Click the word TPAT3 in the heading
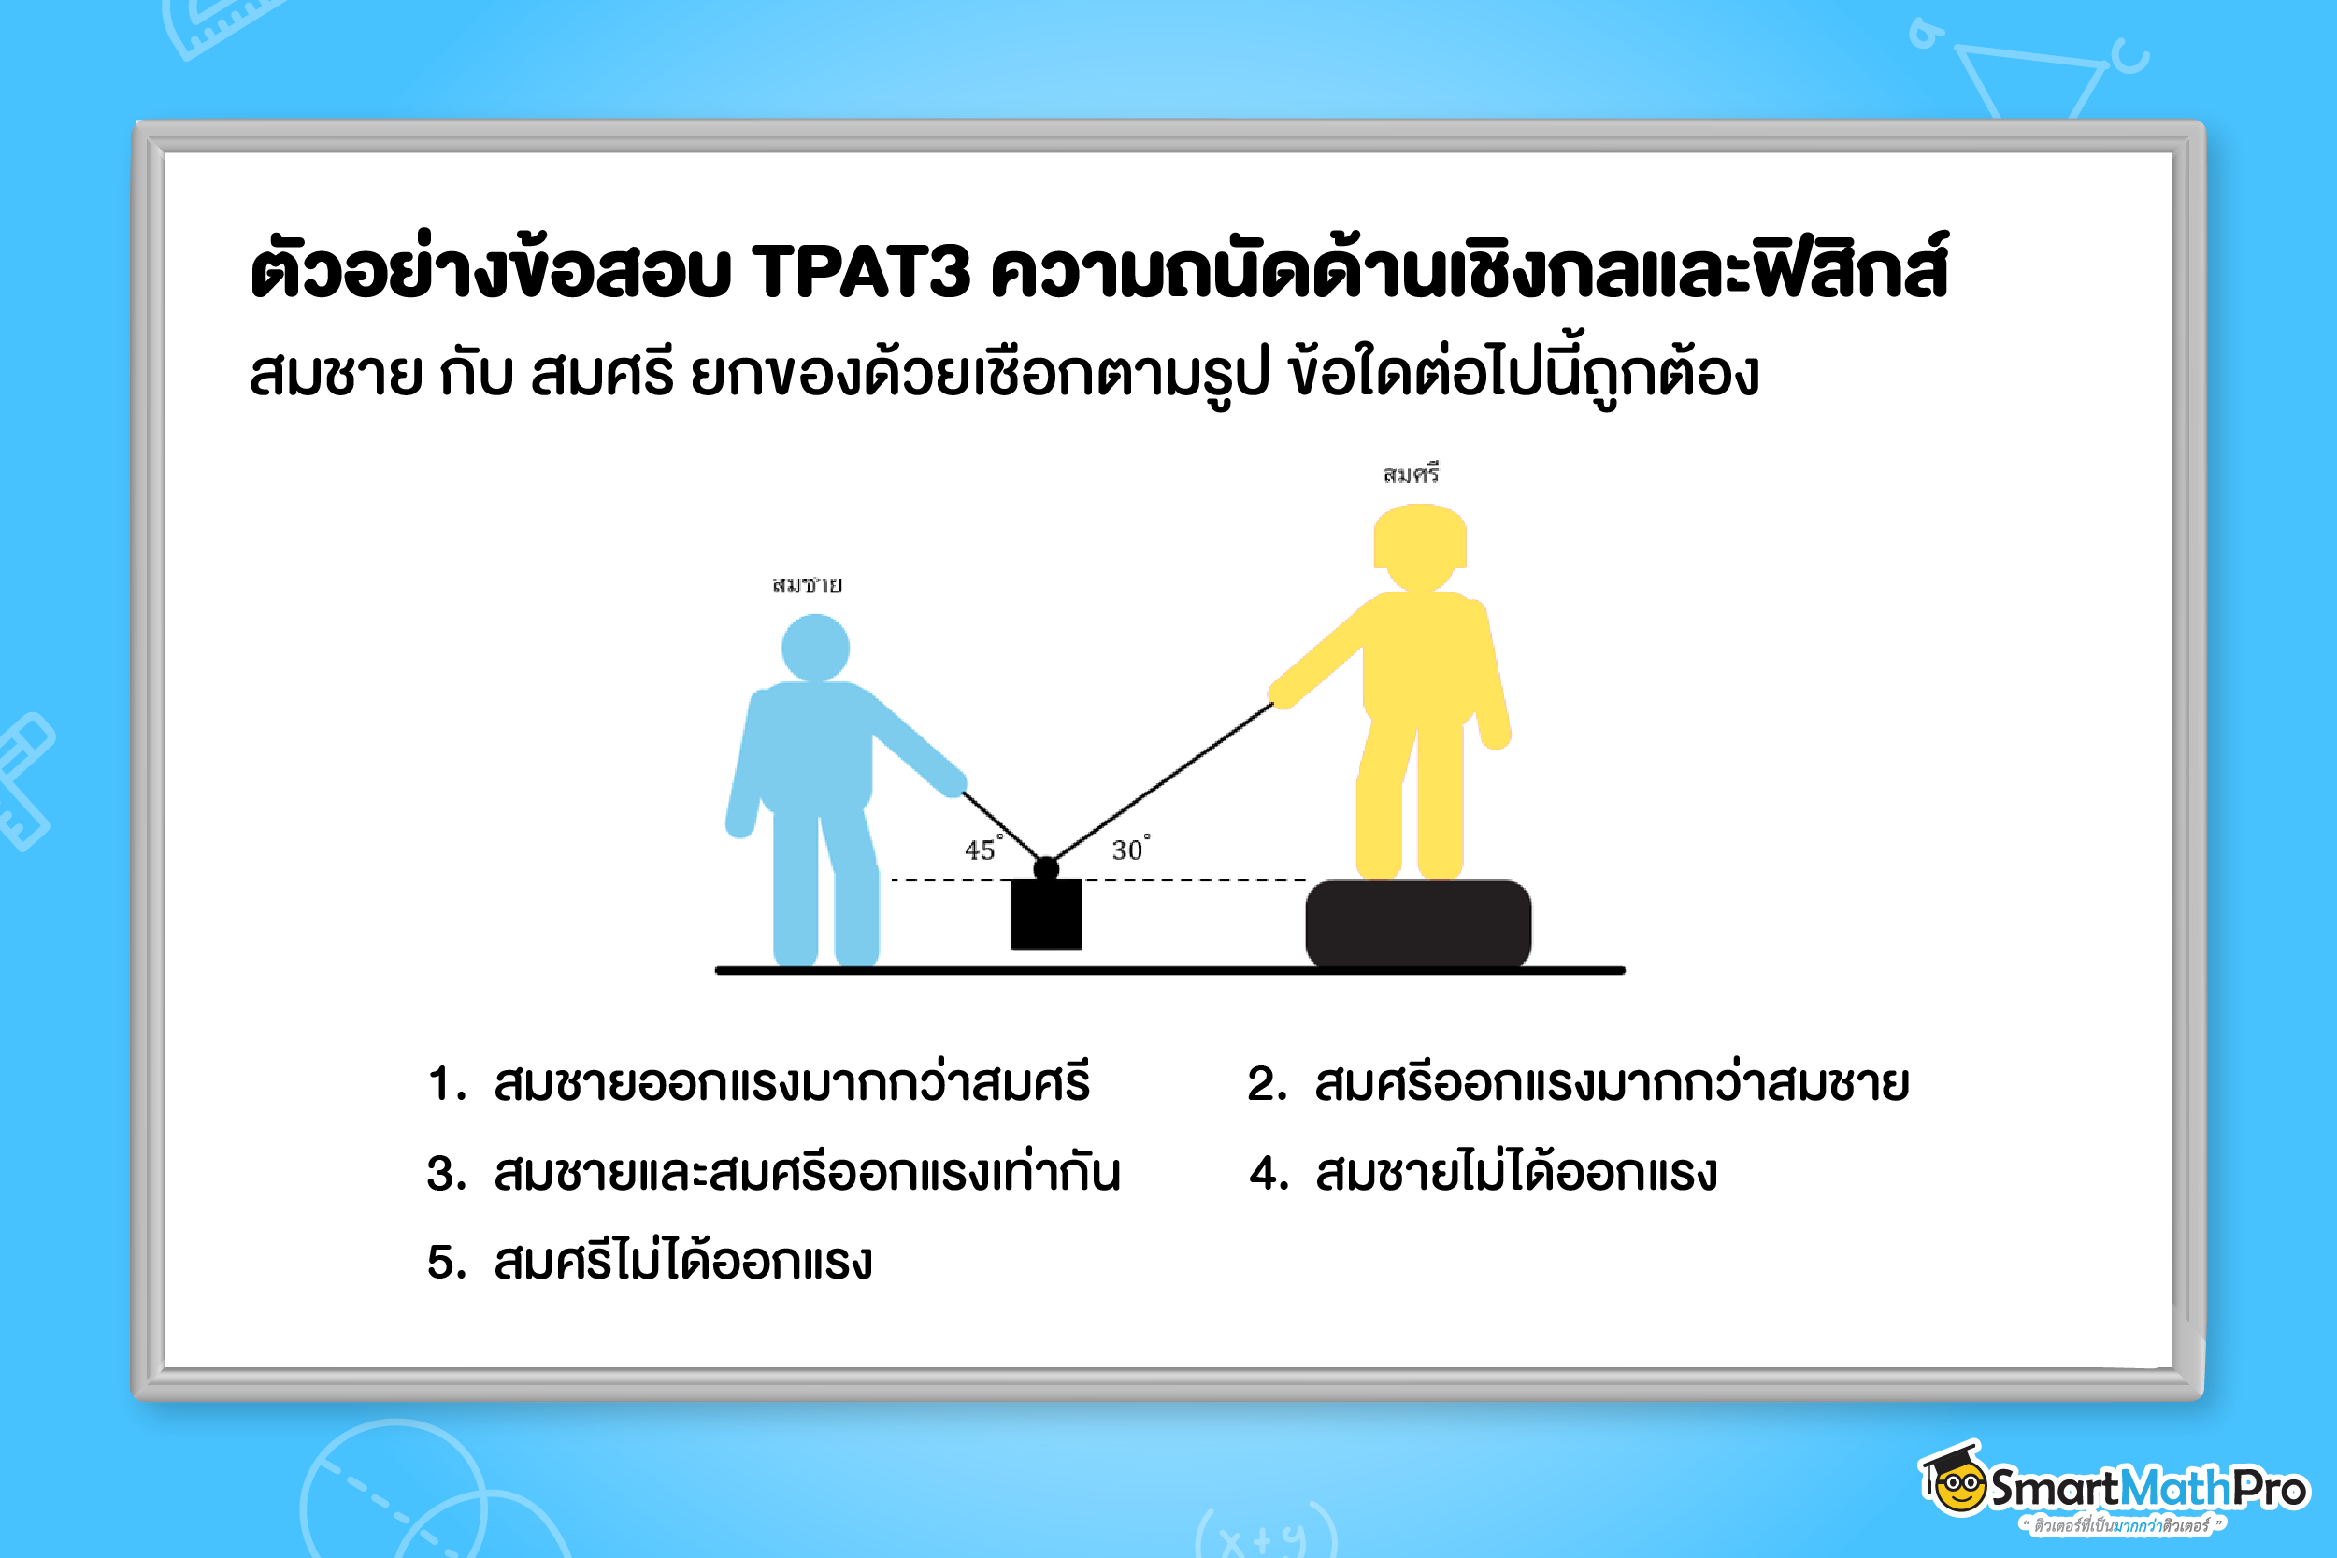click(x=859, y=270)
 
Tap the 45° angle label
click(x=982, y=849)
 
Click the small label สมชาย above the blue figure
click(x=807, y=584)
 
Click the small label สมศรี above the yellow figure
click(x=1411, y=475)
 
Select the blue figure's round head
click(x=815, y=648)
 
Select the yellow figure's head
click(x=1420, y=546)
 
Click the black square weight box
click(x=1046, y=914)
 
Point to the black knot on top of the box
click(x=1046, y=869)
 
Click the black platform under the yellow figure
click(x=1418, y=923)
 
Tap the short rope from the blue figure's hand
click(x=1001, y=827)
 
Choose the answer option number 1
click(x=760, y=1083)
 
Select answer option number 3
click(x=774, y=1173)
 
